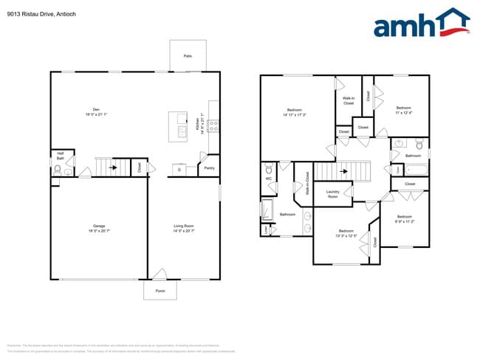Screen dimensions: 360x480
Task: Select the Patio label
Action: [x=188, y=56]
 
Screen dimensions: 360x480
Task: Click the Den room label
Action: [x=96, y=113]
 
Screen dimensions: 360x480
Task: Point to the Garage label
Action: [x=98, y=228]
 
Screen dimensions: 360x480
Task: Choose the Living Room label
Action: [x=183, y=228]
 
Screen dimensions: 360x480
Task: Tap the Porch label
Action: [x=160, y=291]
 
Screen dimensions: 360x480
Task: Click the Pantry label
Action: [x=209, y=167]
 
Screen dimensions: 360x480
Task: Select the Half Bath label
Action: [x=61, y=156]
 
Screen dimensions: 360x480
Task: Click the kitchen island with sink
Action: [x=178, y=126]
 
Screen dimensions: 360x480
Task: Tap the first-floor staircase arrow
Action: [x=112, y=167]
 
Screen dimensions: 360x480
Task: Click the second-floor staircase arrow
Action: [x=343, y=172]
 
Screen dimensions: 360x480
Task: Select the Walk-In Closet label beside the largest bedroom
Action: [x=349, y=101]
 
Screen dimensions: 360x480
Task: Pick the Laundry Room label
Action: [x=332, y=195]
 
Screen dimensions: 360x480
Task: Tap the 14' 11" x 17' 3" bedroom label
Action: [x=294, y=113]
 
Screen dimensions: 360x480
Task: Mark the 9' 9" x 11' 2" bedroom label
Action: [x=404, y=218]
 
